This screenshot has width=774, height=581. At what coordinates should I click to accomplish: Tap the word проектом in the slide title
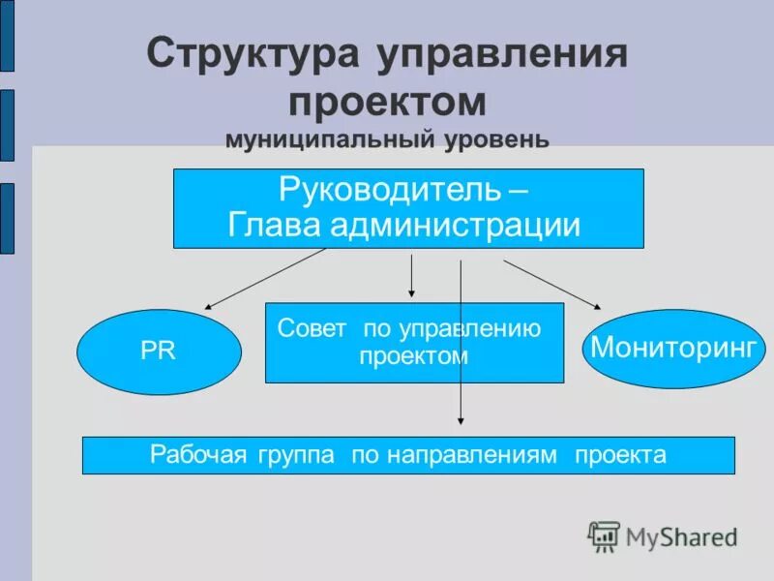[386, 102]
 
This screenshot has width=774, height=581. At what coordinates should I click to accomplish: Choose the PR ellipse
[159, 352]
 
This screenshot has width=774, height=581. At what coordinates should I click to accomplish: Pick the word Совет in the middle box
[312, 327]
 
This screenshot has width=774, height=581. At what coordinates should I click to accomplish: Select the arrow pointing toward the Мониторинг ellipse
[551, 285]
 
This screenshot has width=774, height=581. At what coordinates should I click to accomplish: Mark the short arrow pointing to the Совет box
[412, 276]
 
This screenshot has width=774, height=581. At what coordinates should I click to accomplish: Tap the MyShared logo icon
[604, 536]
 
